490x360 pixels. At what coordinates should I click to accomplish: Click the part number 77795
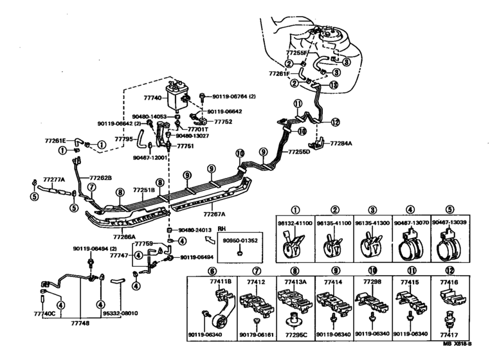pos(123,138)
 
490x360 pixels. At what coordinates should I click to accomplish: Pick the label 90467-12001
pos(150,157)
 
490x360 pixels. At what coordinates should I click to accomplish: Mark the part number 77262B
pos(100,177)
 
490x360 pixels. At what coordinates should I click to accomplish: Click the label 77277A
pos(54,179)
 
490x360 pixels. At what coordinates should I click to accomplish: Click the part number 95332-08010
pos(120,314)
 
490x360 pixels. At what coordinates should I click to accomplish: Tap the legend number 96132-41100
pos(296,223)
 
